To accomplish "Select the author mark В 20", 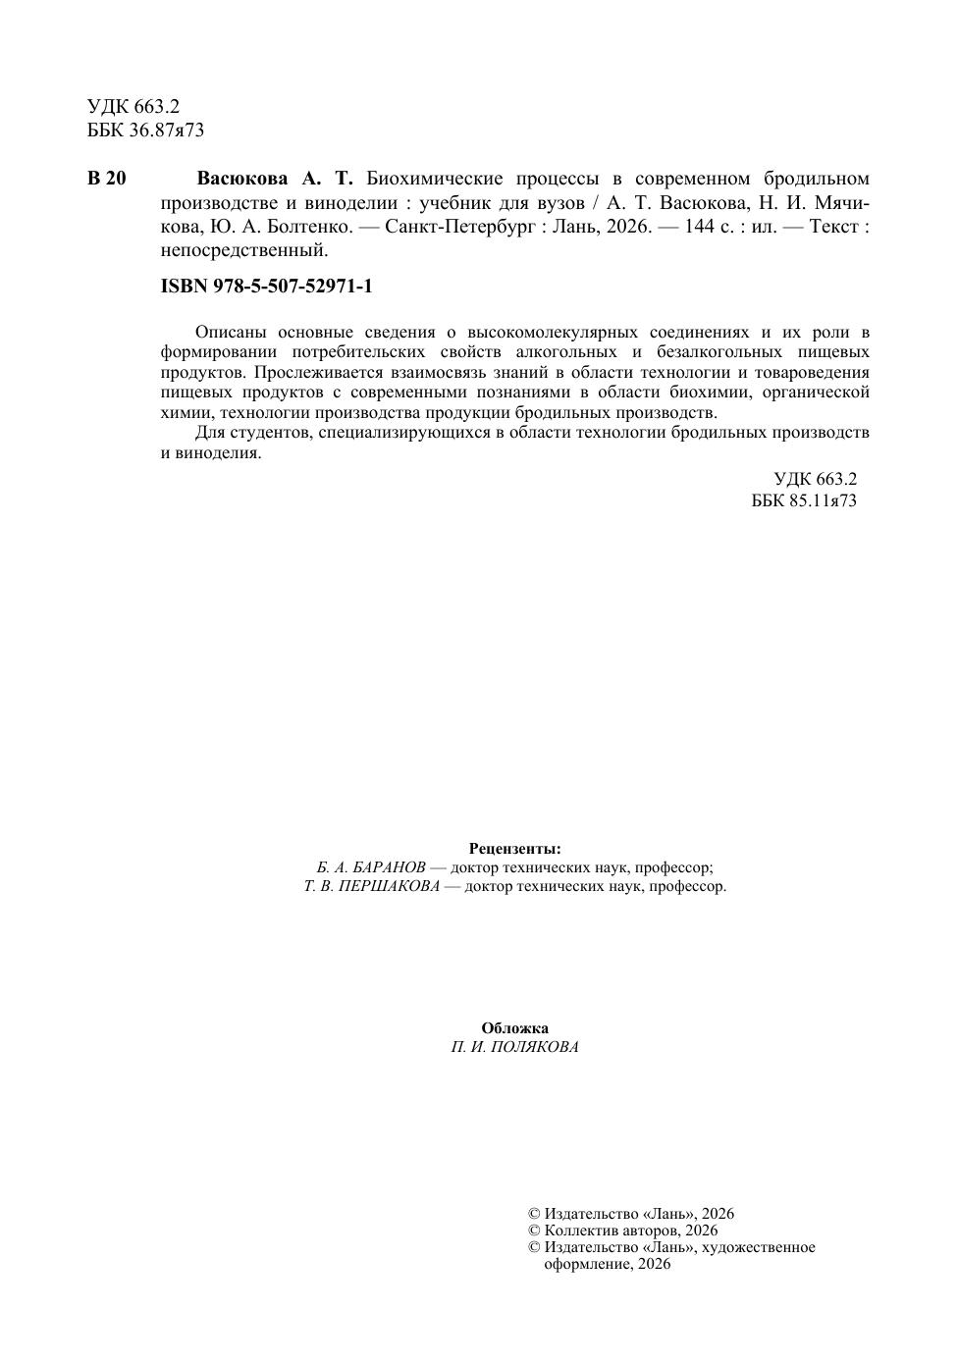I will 107,179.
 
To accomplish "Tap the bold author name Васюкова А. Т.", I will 274,179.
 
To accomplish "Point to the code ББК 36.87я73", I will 145,130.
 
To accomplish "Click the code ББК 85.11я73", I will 804,500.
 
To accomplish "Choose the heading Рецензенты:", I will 515,849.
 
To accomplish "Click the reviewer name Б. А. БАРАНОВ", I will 371,868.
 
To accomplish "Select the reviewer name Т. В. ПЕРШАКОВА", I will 372,887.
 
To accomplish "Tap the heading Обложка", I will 515,1028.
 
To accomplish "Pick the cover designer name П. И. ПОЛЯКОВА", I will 515,1047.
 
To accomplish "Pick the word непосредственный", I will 243,250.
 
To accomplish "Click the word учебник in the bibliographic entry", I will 456,203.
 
